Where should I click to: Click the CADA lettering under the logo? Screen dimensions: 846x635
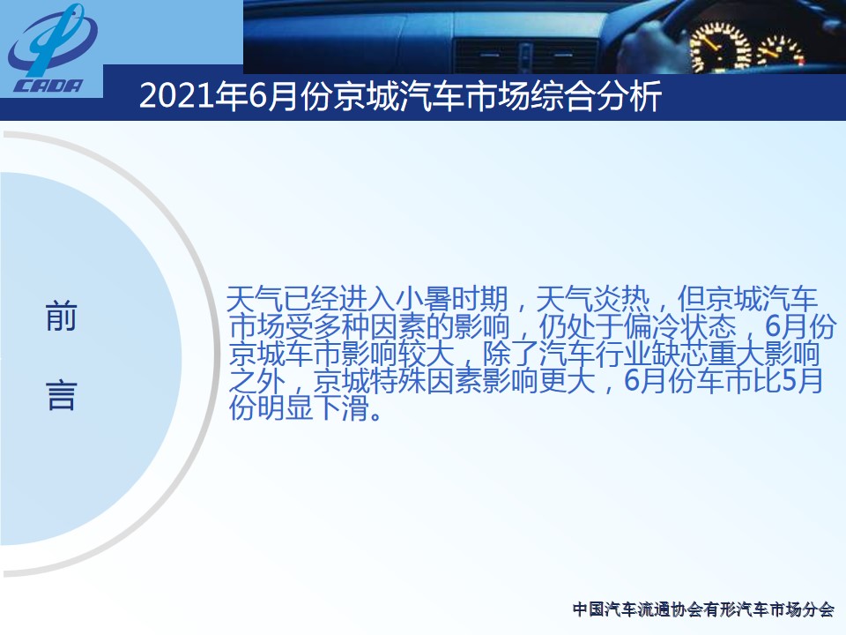[48, 86]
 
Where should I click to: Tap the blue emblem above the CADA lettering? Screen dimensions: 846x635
[52, 41]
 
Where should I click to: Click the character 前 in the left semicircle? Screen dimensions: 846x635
[61, 317]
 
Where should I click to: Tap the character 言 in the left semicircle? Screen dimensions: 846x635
[61, 395]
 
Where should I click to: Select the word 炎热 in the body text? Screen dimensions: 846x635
[620, 299]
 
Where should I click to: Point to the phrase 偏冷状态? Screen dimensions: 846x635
[679, 326]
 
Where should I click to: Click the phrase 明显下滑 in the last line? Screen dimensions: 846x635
[314, 408]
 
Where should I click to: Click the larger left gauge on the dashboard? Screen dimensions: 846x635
[720, 47]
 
